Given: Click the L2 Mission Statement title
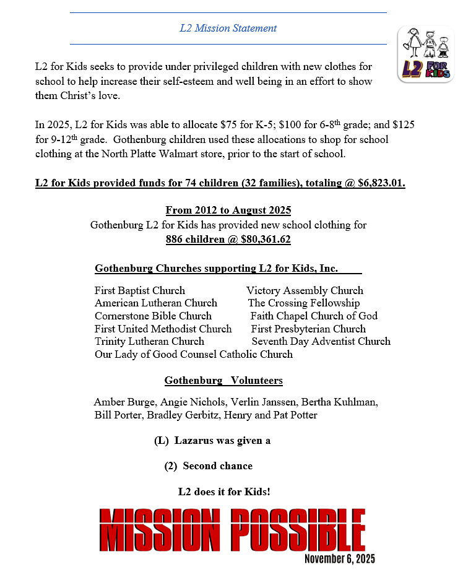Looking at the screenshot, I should click(228, 28).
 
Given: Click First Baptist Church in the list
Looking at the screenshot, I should click(139, 290).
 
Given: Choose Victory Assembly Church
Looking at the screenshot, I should click(305, 290).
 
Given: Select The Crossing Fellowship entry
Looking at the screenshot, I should click(303, 303).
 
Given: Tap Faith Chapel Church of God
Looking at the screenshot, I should click(314, 316).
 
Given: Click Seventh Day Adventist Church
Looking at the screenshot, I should click(321, 341).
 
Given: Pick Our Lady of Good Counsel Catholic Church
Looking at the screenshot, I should click(193, 354).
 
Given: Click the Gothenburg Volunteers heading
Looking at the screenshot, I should click(223, 380).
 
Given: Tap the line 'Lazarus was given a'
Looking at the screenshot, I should click(222, 441).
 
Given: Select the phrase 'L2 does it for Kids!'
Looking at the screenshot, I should click(224, 492).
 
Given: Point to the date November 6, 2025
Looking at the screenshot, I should click(339, 558).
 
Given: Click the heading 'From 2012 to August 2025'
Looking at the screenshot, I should click(228, 210).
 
